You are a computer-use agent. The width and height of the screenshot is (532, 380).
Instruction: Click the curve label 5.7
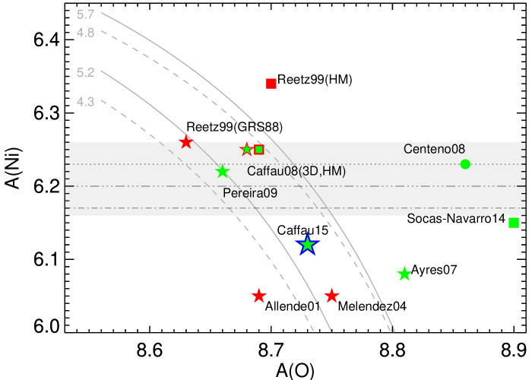(x=86, y=14)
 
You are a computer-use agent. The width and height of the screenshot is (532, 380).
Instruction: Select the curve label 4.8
(x=86, y=33)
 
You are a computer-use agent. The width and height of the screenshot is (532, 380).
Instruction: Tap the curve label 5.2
(x=86, y=73)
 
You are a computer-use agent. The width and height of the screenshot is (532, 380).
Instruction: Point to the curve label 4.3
(x=86, y=101)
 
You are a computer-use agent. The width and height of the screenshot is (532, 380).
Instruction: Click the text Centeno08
(x=434, y=150)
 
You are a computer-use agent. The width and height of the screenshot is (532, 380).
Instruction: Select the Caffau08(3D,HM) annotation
(x=296, y=172)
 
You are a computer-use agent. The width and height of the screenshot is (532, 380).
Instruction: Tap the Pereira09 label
(x=250, y=194)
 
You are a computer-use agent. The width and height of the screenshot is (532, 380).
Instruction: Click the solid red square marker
(x=271, y=84)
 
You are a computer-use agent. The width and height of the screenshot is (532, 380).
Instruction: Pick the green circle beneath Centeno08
(x=465, y=164)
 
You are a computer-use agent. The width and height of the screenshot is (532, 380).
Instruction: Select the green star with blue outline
(x=307, y=245)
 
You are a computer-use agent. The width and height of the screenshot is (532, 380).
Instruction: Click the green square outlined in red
(x=259, y=150)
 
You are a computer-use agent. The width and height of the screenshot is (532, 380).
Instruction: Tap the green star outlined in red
(x=246, y=150)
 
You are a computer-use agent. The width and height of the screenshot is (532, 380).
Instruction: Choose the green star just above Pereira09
(x=222, y=172)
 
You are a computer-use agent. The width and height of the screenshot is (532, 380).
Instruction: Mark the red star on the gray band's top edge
(x=186, y=142)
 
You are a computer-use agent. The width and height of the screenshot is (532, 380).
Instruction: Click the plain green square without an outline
(x=514, y=223)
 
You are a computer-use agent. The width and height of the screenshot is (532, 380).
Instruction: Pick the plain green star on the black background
(x=404, y=274)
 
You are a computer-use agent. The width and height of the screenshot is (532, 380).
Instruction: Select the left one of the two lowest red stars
(x=259, y=296)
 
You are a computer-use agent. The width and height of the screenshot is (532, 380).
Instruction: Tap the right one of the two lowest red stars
(x=331, y=296)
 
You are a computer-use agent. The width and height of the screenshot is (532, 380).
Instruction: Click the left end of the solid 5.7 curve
(x=101, y=13)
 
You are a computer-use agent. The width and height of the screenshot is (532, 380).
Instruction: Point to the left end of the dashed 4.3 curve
(x=101, y=99)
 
